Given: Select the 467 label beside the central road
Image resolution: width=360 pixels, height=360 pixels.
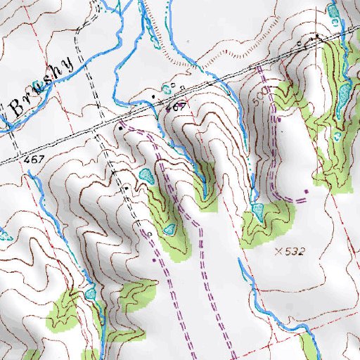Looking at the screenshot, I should coord(176,107).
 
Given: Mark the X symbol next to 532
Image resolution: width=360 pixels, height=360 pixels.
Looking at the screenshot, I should coord(280,250).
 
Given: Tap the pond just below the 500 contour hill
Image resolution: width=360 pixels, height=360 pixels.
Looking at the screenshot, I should coord(257,210).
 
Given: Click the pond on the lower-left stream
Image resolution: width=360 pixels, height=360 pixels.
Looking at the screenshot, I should coord(90,293).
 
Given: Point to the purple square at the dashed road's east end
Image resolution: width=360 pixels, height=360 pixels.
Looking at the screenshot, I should coord(307,191).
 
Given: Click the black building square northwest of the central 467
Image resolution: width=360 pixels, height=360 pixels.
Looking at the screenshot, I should coord(154,94).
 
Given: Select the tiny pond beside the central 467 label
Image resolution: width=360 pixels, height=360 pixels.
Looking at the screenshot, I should coord(167,89).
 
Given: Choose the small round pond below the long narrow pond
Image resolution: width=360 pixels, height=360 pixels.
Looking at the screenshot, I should coord(337,136).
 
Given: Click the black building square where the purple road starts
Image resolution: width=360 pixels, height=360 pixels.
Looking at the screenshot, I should coord(121,129).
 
